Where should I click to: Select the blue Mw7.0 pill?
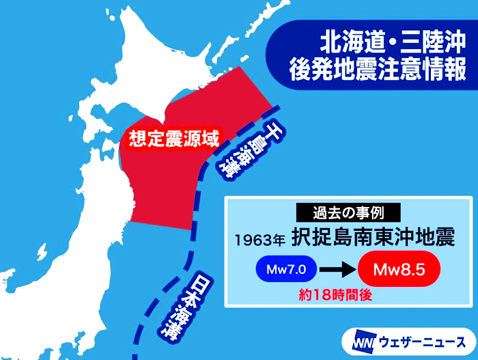[x=287, y=270]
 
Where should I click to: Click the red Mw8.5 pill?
[x=399, y=270]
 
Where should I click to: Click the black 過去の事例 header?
[x=348, y=212]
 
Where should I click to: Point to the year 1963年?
[x=259, y=240]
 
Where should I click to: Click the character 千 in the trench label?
[x=270, y=129]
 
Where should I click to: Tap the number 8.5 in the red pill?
[x=410, y=270]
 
